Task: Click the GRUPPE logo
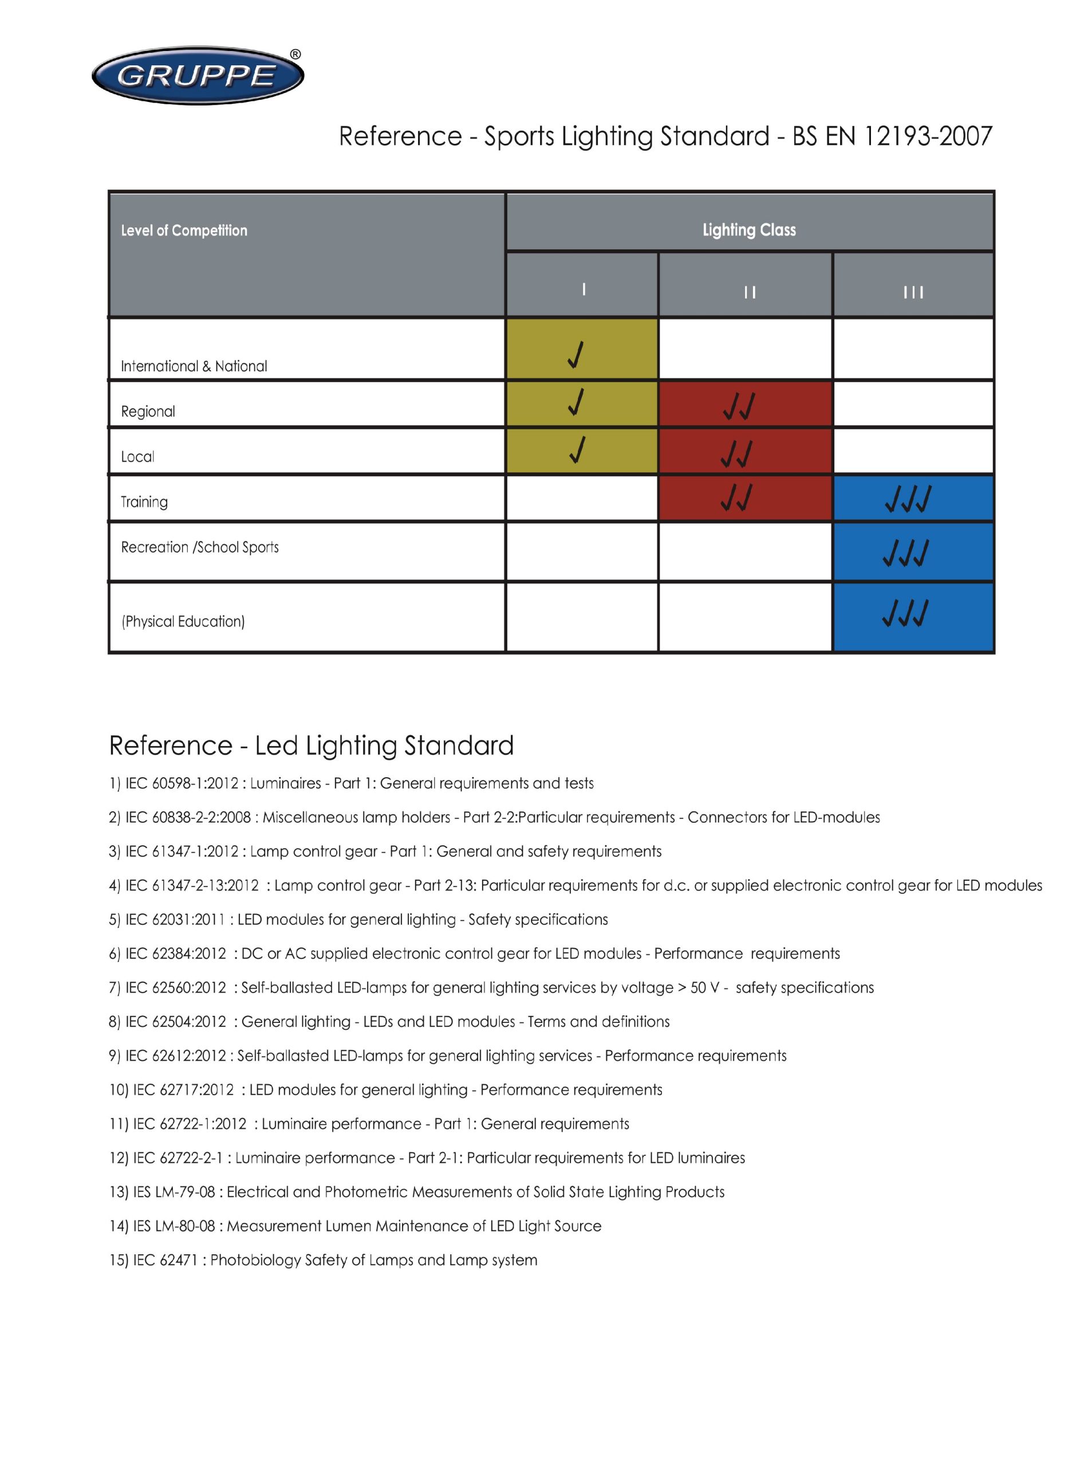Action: [x=198, y=75]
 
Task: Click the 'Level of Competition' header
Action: [x=184, y=230]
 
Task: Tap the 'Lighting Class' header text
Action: [x=749, y=230]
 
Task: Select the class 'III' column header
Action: [x=913, y=292]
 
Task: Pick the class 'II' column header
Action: [x=749, y=292]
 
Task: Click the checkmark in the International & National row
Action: [x=576, y=355]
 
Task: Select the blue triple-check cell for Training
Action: [x=913, y=499]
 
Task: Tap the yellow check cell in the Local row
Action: [x=581, y=450]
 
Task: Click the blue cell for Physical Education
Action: [x=913, y=615]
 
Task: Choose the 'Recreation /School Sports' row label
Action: [x=199, y=547]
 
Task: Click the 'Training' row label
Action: [x=144, y=501]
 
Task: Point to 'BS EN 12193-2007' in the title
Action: [x=892, y=136]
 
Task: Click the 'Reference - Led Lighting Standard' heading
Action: [x=311, y=746]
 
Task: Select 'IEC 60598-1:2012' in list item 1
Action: [x=182, y=783]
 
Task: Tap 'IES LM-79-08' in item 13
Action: [x=174, y=1192]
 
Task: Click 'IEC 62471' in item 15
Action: [x=165, y=1260]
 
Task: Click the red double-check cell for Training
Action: [x=745, y=499]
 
